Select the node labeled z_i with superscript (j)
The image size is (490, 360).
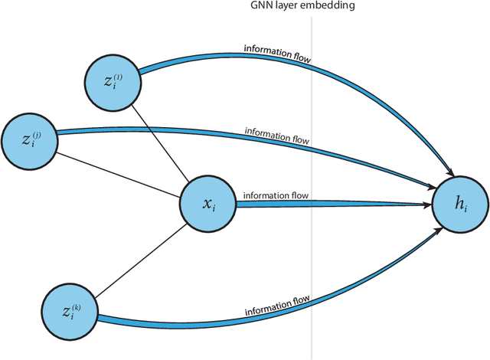(28, 140)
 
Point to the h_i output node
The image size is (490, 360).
(459, 205)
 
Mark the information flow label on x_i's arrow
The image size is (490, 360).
(276, 195)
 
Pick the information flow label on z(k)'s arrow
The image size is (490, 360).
(277, 309)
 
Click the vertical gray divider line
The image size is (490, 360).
(312, 253)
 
